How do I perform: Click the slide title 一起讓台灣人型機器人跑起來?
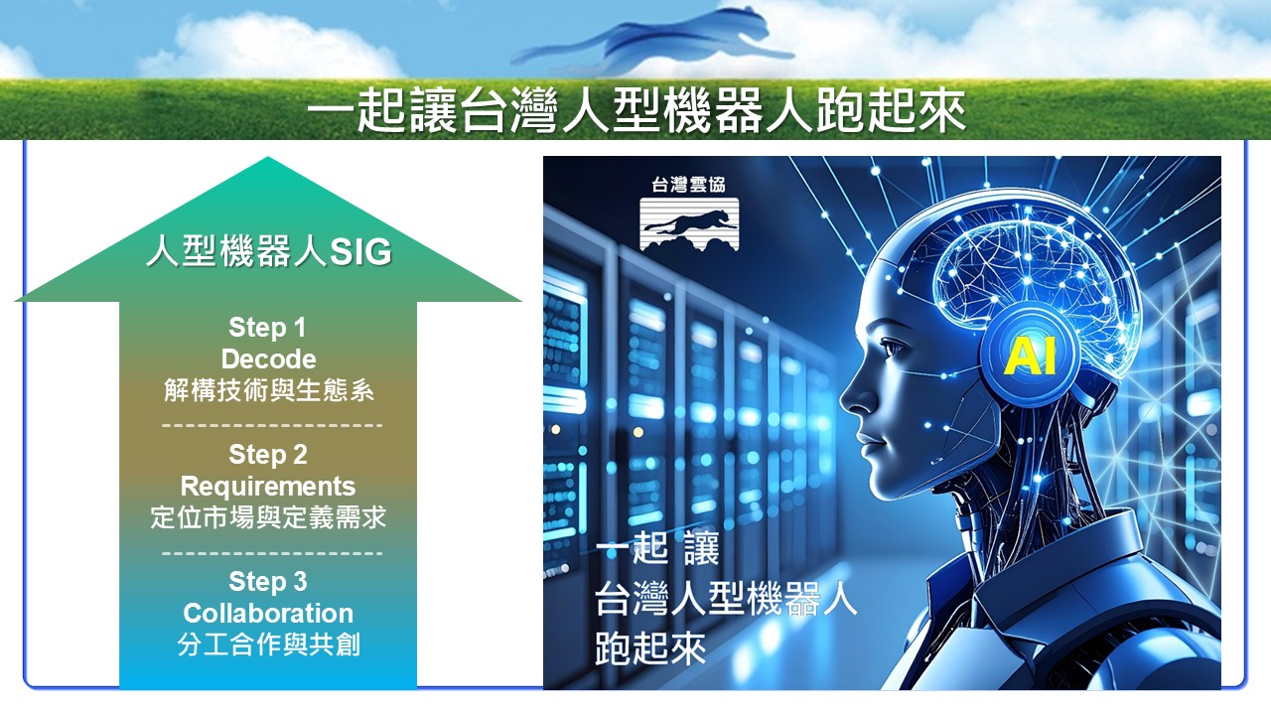tap(635, 110)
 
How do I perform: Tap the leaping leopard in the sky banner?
tap(652, 40)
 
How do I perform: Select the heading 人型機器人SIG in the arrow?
tap(269, 251)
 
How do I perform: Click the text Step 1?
tap(267, 328)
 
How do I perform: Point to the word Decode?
tap(268, 359)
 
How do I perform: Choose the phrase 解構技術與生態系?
tap(269, 390)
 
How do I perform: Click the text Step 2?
tap(268, 455)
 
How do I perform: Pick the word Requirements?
tap(268, 487)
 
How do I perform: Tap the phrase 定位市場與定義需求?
tap(268, 517)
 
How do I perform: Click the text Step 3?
tap(268, 582)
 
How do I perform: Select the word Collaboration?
tap(268, 614)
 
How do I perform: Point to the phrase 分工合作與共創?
tap(268, 644)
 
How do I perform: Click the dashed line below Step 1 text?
tap(272, 425)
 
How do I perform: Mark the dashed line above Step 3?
tap(272, 553)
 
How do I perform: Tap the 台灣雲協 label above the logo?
tap(688, 185)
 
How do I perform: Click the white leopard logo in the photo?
tap(689, 224)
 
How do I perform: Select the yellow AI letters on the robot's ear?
tap(1030, 356)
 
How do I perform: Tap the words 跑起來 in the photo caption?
tap(650, 648)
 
